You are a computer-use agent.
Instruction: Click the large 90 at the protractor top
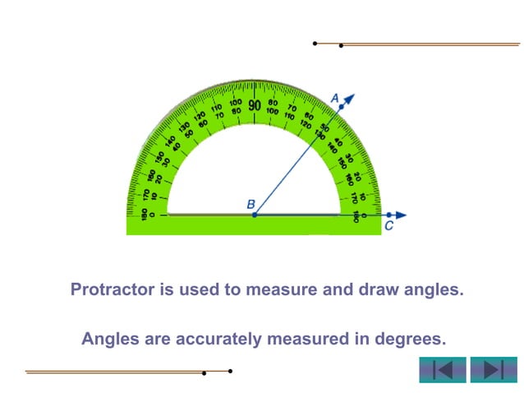pyautogui.click(x=255, y=106)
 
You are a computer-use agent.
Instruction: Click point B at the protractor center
pyautogui.click(x=255, y=215)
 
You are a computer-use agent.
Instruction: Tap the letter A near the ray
pyautogui.click(x=335, y=98)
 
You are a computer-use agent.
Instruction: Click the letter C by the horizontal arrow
pyautogui.click(x=388, y=226)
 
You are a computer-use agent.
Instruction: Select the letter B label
pyautogui.click(x=251, y=203)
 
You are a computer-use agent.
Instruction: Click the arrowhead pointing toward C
pyautogui.click(x=400, y=215)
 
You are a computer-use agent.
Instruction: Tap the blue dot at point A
pyautogui.click(x=341, y=107)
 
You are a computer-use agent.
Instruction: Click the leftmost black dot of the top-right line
pyautogui.click(x=315, y=43)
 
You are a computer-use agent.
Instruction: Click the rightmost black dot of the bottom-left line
pyautogui.click(x=230, y=371)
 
